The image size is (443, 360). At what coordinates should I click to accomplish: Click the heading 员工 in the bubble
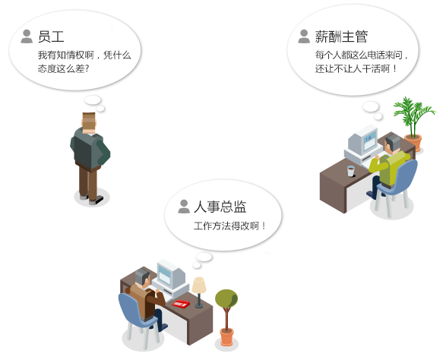(x=51, y=36)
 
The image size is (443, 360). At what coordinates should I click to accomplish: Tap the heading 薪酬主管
(x=341, y=36)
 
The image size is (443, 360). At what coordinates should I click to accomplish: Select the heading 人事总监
(x=220, y=207)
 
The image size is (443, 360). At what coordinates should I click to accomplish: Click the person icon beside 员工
(x=27, y=36)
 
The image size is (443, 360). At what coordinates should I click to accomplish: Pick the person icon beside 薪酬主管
(x=304, y=36)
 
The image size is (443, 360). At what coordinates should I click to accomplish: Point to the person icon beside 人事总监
(x=184, y=207)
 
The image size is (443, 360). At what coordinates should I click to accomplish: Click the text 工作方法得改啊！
(x=229, y=226)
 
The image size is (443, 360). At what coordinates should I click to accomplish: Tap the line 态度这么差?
(x=64, y=68)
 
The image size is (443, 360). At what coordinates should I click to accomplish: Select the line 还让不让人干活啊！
(x=356, y=68)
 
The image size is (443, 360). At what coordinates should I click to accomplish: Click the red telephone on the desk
(x=181, y=304)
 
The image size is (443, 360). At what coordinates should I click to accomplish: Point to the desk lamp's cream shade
(x=199, y=285)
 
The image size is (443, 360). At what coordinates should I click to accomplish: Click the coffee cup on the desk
(x=351, y=171)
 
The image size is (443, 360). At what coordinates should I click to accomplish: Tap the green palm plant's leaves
(x=413, y=113)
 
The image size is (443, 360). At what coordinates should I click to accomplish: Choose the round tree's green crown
(x=226, y=298)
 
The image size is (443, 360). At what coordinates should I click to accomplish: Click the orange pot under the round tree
(x=226, y=336)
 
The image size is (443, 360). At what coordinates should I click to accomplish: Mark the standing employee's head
(x=89, y=123)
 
